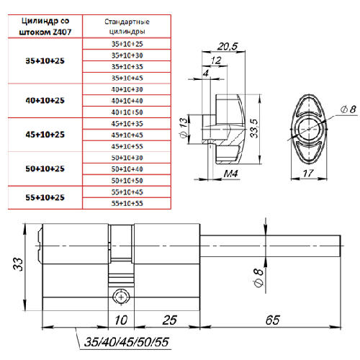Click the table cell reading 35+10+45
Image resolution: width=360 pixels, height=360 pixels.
point(127,78)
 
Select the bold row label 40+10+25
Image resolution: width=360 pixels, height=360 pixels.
point(45,100)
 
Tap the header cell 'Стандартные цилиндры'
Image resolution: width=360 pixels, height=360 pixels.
point(127,27)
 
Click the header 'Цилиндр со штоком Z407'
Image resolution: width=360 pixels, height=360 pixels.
point(45,27)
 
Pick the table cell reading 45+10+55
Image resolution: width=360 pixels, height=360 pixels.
point(127,146)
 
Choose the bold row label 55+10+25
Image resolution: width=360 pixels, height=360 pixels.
point(45,197)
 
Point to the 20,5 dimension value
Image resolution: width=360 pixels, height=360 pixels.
point(228,46)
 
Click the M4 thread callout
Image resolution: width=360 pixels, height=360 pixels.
point(230,174)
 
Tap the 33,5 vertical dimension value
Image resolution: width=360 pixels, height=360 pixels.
point(254,128)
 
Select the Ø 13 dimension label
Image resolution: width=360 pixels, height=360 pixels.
point(184,127)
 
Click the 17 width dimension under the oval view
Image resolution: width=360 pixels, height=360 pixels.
point(308,173)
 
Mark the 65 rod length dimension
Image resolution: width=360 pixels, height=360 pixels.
point(272,320)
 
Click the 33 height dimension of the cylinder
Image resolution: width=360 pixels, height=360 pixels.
point(18,264)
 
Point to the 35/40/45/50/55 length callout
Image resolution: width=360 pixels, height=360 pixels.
point(127,342)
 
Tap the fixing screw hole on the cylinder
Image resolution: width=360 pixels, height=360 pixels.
point(121,297)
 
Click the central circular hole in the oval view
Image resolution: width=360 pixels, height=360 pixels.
point(309,129)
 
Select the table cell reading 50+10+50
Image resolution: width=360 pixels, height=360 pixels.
point(127,181)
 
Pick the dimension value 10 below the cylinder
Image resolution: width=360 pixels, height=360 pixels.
point(121,320)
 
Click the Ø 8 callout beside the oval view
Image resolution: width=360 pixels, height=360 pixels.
point(348,109)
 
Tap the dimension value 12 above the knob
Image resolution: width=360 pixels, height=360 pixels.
point(216,60)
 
